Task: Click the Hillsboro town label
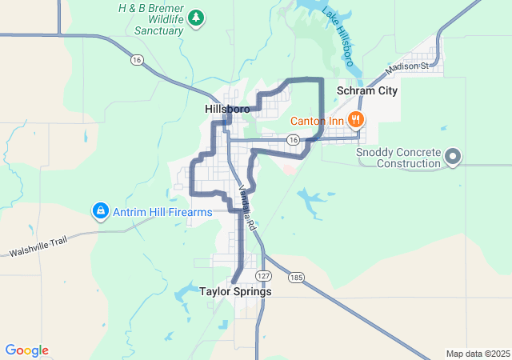click(x=227, y=109)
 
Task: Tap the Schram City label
click(x=367, y=91)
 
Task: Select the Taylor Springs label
click(x=235, y=291)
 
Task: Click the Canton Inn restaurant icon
click(x=356, y=121)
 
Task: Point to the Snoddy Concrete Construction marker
click(x=453, y=156)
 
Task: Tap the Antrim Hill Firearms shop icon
click(x=100, y=212)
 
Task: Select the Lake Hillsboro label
click(x=338, y=37)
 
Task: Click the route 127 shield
click(x=262, y=275)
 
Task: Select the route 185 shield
click(x=297, y=278)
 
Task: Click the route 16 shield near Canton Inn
click(x=294, y=140)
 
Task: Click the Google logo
click(x=26, y=350)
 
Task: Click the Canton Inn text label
click(x=317, y=121)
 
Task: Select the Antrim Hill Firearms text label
click(x=162, y=212)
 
